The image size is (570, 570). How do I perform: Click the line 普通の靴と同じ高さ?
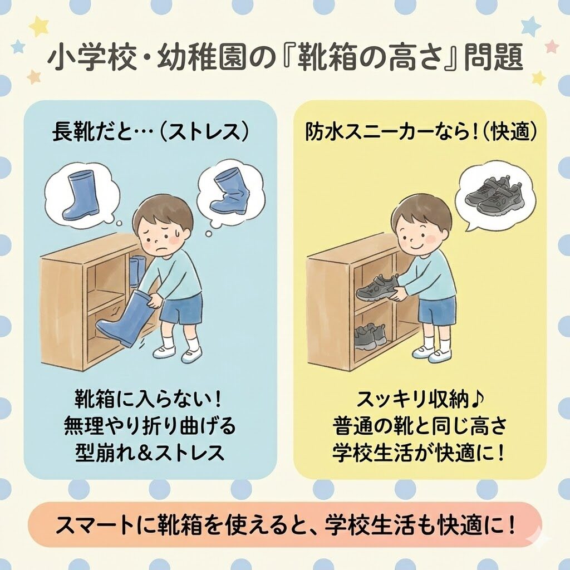421,426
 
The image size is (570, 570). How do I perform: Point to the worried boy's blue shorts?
181,309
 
